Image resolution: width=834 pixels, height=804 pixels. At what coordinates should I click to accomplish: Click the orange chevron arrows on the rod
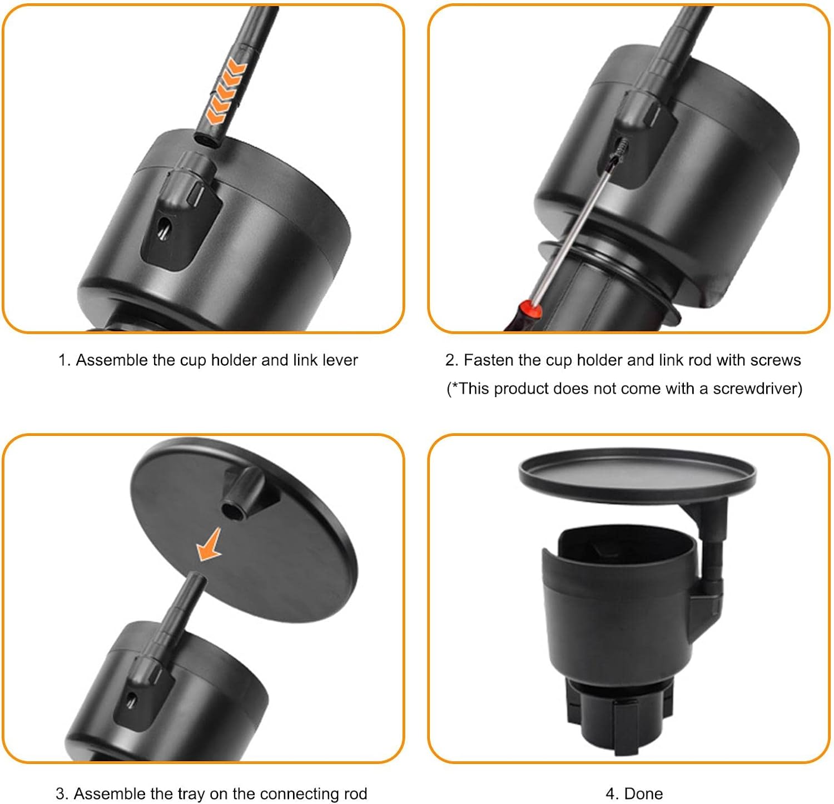[226, 92]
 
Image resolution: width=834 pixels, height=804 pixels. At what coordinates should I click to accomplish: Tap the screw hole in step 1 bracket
[164, 228]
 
